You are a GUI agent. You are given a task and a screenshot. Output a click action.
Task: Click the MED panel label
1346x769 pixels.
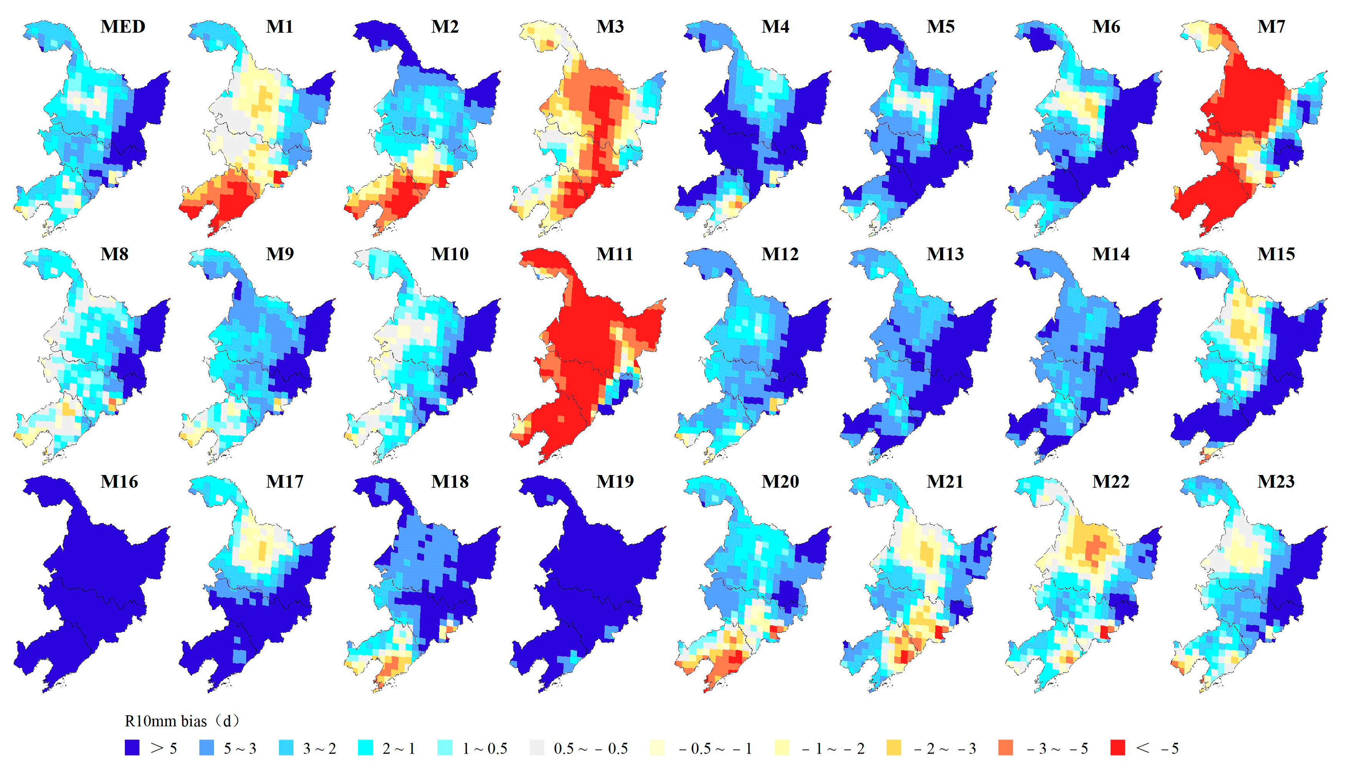point(123,27)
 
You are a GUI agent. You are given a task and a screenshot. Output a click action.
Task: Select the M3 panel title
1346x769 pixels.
point(610,27)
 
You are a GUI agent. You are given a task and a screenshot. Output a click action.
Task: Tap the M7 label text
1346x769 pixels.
point(1271,27)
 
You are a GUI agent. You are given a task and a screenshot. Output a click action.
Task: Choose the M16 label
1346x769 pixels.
point(119,481)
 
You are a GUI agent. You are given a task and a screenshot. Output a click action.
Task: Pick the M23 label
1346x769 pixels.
point(1276,481)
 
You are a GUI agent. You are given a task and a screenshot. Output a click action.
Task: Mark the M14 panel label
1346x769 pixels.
point(1111,254)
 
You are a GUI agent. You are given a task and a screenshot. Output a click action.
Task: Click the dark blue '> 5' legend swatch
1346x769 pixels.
point(132,748)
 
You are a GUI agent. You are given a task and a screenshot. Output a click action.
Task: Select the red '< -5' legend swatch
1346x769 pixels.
point(1117,748)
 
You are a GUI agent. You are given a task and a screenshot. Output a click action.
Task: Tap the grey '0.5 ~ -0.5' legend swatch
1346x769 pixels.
point(536,748)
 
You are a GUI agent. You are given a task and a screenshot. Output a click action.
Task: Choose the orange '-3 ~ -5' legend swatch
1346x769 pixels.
point(1006,748)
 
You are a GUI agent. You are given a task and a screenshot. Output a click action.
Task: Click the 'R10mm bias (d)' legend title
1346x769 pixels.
point(182,721)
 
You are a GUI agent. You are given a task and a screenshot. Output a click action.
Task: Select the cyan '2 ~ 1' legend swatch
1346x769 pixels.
point(365,748)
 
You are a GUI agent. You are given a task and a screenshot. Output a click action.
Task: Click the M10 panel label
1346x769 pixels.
point(450,254)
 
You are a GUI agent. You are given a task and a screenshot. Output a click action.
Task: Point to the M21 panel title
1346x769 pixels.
point(945,481)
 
